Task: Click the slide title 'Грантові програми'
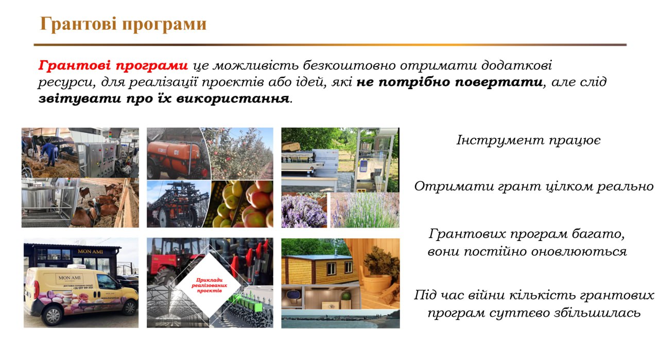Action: pos(123,24)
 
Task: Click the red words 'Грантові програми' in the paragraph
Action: pos(113,66)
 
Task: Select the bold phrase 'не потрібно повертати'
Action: pos(449,82)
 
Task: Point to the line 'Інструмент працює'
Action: pos(528,140)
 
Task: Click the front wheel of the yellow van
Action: pos(129,308)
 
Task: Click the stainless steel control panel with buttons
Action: pos(101,160)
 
